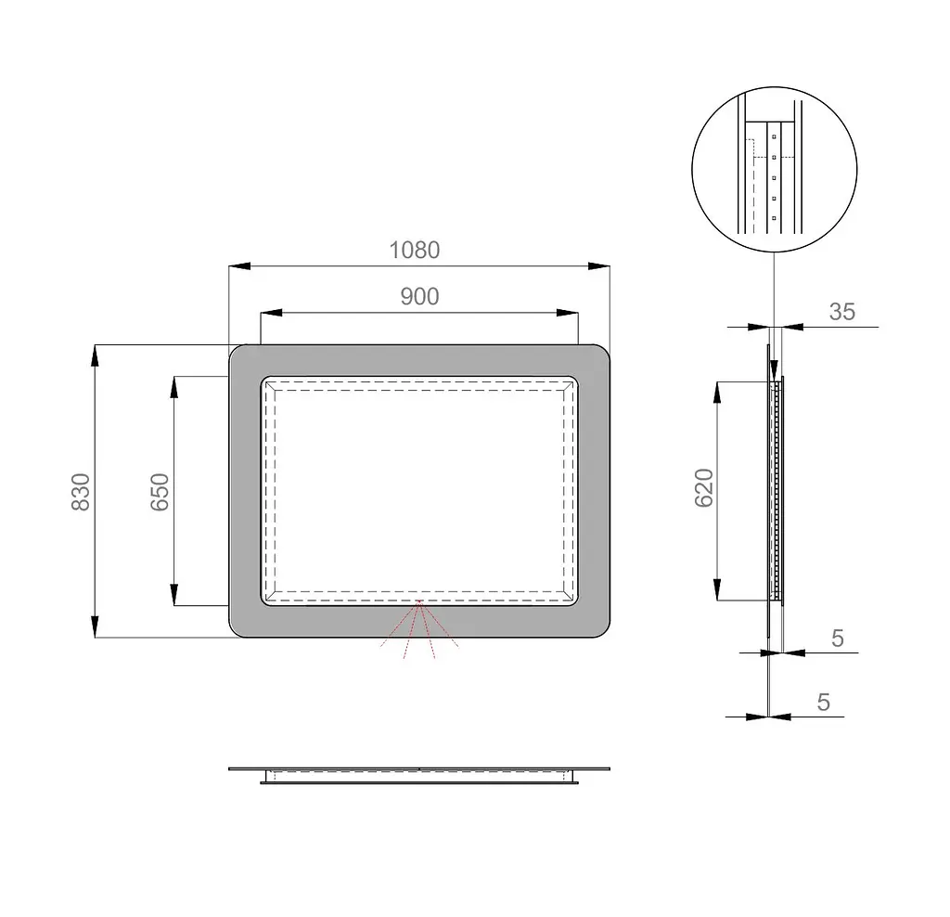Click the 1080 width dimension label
point(415,250)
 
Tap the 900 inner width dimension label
point(420,296)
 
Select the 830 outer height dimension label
point(81,492)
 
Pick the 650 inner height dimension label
point(160,492)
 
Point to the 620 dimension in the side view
point(704,488)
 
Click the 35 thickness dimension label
point(842,312)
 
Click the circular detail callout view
point(775,169)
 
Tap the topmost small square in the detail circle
point(775,137)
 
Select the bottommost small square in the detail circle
point(775,218)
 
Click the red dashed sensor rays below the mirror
point(419,629)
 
